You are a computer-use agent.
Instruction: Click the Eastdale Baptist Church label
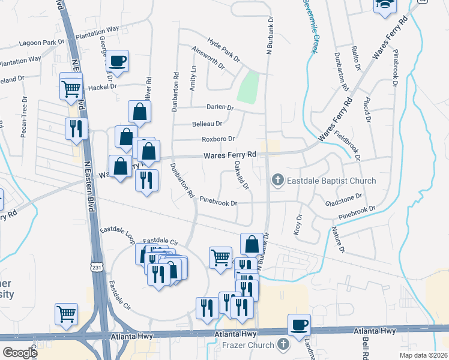click(331, 181)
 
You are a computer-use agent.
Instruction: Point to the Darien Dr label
click(219, 107)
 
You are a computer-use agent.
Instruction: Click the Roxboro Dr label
click(217, 139)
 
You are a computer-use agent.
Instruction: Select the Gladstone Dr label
click(343, 197)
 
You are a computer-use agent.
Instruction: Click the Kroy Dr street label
click(298, 223)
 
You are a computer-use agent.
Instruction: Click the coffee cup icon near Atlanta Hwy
click(299, 325)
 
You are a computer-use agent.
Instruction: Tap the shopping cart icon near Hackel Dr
click(71, 89)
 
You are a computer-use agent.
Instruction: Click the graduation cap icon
click(384, 5)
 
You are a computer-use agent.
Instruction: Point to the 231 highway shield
click(97, 265)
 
